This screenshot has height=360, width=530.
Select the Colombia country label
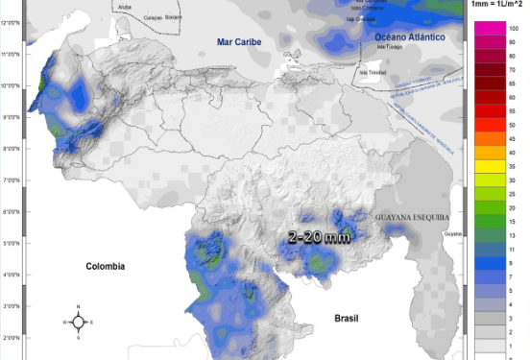[106, 266]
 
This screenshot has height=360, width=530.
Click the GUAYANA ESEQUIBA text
[413, 217]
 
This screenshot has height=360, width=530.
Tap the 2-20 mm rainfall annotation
[320, 236]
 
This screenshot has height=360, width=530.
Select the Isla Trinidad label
[373, 71]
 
